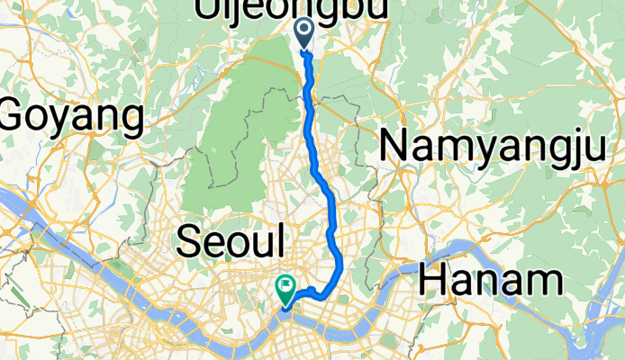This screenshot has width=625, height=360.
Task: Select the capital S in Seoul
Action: (187, 241)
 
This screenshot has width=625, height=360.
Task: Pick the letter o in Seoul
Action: (240, 244)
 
